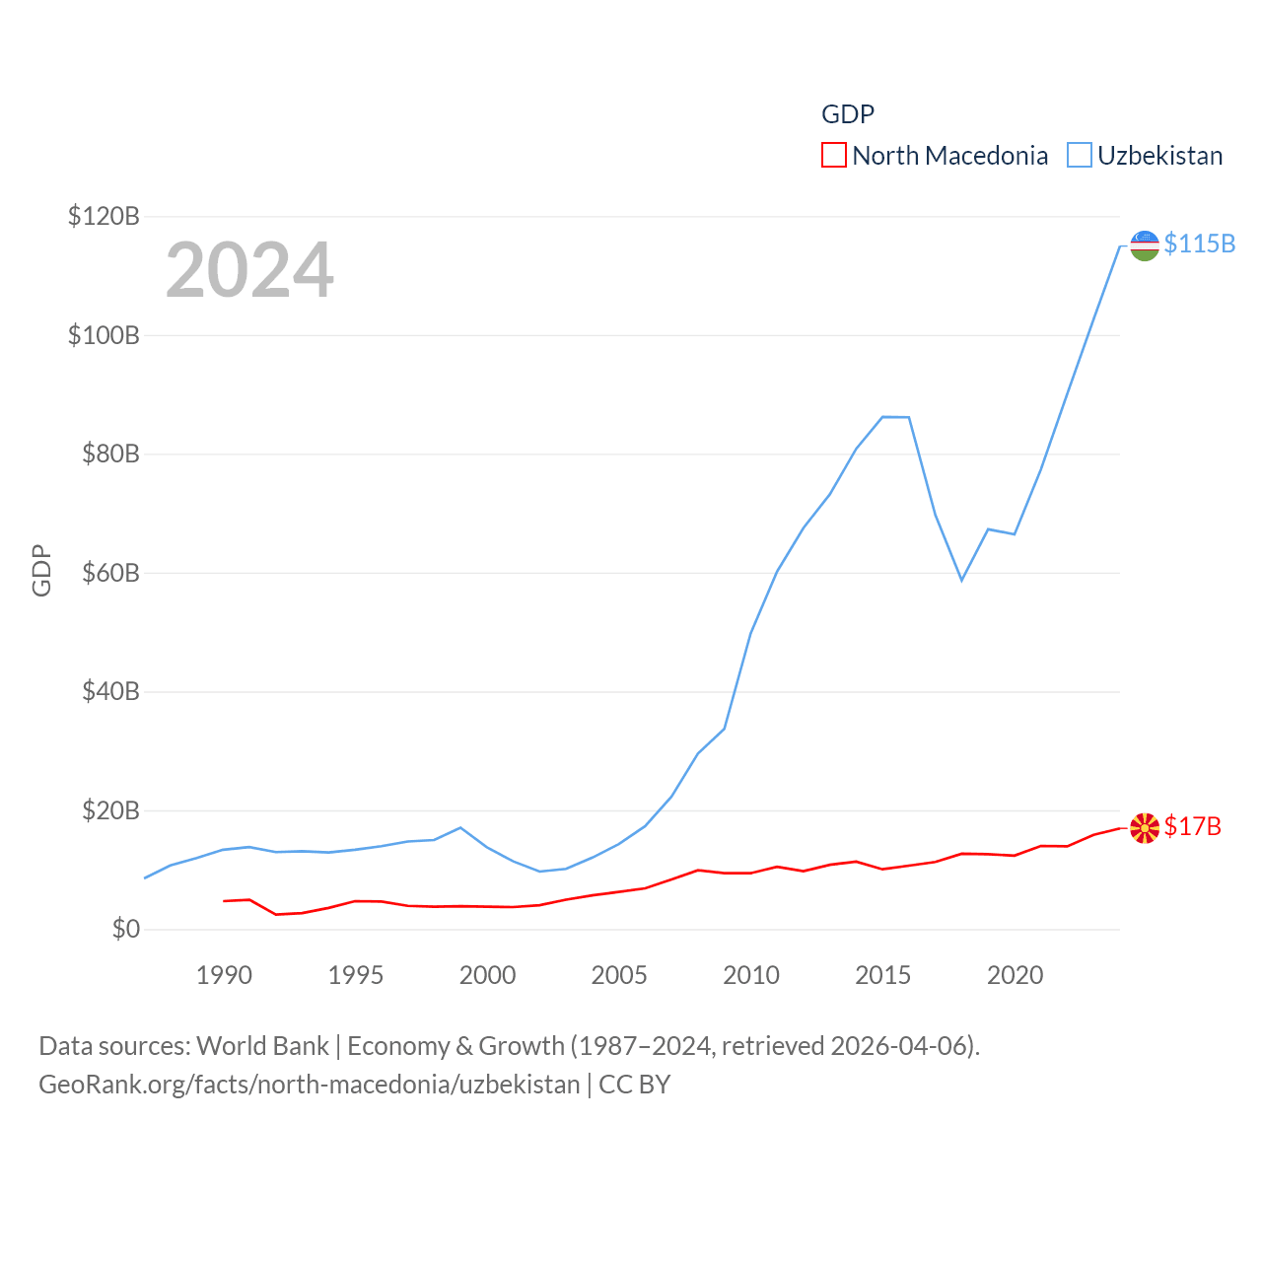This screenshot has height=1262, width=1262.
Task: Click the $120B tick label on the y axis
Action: (104, 216)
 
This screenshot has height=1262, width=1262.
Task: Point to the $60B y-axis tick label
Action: (110, 573)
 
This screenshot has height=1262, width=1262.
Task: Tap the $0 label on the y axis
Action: (126, 929)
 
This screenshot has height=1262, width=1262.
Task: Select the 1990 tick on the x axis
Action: (224, 975)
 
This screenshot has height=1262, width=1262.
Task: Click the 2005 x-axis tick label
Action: (619, 975)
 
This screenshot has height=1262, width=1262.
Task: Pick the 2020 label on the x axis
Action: (1015, 975)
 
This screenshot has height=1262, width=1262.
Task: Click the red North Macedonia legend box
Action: (833, 156)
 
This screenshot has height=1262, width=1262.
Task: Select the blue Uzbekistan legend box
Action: (1080, 156)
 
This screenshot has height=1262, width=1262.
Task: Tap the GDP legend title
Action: (848, 114)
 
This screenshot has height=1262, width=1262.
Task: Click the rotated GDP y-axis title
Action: (41, 570)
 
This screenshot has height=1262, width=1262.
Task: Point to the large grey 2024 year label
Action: (249, 270)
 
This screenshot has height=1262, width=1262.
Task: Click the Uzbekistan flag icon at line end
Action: (1144, 245)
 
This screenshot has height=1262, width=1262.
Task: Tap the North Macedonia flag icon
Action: (1144, 828)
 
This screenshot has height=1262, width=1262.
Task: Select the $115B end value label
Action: (1199, 244)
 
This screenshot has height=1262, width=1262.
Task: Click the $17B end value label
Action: (1192, 826)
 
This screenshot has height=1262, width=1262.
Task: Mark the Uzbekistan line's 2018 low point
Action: (961, 580)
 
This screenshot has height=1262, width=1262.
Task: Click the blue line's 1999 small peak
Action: (460, 827)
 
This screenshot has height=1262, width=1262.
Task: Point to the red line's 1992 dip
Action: (276, 914)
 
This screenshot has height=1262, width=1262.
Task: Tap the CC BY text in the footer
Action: (635, 1085)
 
